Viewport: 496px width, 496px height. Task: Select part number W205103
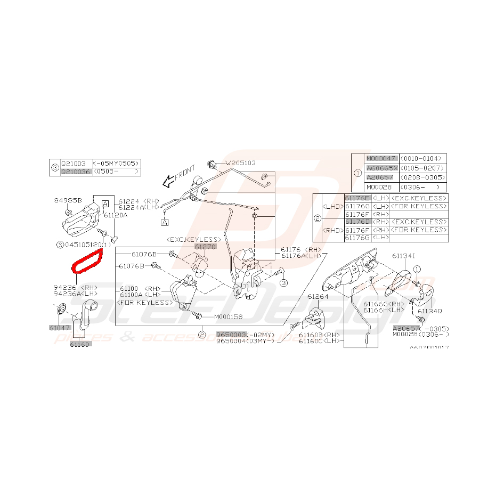pyautogui.click(x=241, y=163)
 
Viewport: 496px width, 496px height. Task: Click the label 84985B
pyautogui.click(x=68, y=201)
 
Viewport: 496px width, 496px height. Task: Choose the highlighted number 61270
pyautogui.click(x=206, y=247)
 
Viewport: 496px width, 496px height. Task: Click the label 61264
pyautogui.click(x=318, y=296)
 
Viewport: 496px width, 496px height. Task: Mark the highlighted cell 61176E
pyautogui.click(x=357, y=198)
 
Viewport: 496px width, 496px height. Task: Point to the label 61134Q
pyautogui.click(x=429, y=310)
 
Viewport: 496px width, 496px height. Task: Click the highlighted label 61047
pyautogui.click(x=60, y=328)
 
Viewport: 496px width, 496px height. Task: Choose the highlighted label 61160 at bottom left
pyautogui.click(x=80, y=344)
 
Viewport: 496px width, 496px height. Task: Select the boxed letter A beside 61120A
pyautogui.click(x=105, y=204)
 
